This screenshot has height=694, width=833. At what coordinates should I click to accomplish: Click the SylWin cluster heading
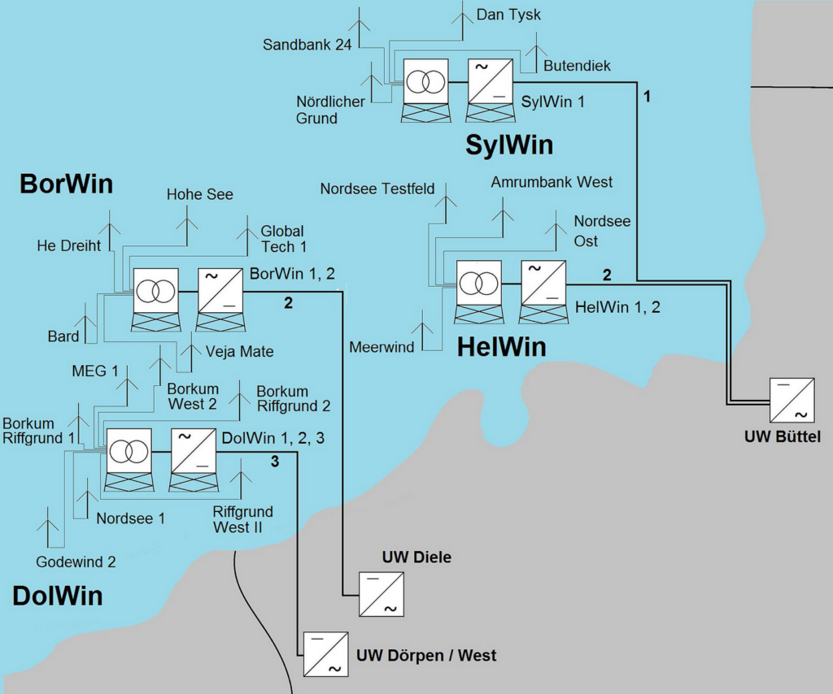509,145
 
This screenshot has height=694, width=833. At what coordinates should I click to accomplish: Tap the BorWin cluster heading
66,184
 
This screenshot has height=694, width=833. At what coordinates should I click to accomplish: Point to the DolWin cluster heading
57,596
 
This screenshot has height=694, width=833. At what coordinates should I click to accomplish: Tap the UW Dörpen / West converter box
326,654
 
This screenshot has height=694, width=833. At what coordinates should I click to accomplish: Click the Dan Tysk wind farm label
508,15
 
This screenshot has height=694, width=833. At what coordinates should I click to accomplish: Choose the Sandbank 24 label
307,45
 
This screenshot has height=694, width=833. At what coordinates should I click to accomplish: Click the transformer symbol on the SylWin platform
425,81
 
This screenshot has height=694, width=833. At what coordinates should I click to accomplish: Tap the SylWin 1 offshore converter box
490,81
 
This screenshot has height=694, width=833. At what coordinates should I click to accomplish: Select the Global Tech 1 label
282,239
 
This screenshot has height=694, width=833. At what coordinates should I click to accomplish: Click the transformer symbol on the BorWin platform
155,290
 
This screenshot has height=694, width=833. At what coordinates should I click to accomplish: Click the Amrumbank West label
552,182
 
